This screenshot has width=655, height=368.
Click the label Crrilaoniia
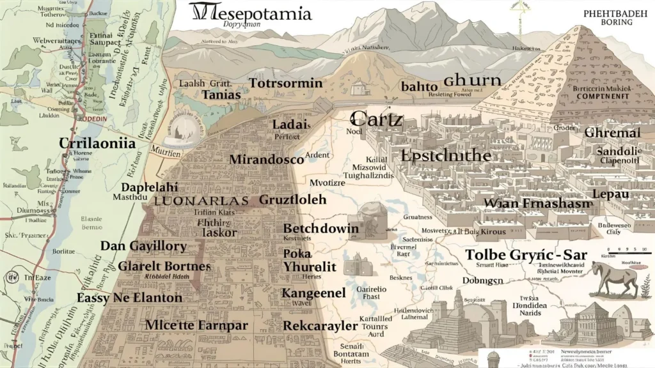tap(97, 143)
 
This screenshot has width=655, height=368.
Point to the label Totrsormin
tap(286, 84)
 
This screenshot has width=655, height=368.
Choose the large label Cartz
tap(377, 118)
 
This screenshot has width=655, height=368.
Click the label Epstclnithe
tap(445, 155)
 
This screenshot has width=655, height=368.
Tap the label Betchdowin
tap(321, 228)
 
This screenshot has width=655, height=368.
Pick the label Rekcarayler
tap(320, 326)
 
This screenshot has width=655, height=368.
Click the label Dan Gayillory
tap(143, 246)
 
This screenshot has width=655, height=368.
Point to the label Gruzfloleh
tap(292, 199)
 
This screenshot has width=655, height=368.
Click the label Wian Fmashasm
tap(530, 203)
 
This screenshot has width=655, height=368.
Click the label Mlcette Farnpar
tap(196, 324)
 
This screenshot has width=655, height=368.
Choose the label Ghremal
tap(612, 133)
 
